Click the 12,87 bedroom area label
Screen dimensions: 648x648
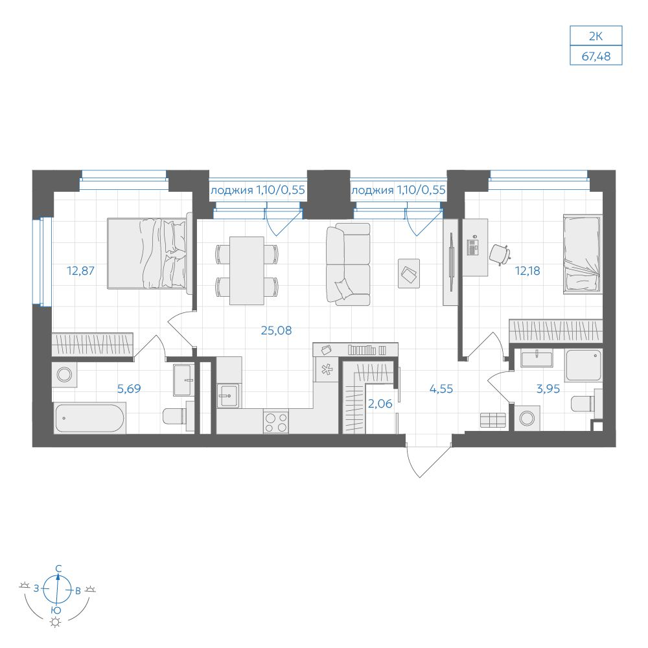pyautogui.click(x=80, y=271)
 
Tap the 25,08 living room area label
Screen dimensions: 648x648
pyautogui.click(x=277, y=330)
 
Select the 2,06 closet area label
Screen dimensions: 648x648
pyautogui.click(x=380, y=403)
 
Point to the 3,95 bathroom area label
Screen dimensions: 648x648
pyautogui.click(x=548, y=388)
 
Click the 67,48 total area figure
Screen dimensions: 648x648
pyautogui.click(x=596, y=56)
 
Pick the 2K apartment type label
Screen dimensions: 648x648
pyautogui.click(x=596, y=36)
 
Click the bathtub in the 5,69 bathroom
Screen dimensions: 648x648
pyautogui.click(x=89, y=419)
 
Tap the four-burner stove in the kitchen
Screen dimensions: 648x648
pyautogui.click(x=276, y=422)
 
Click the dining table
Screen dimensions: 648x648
pyautogui.click(x=247, y=271)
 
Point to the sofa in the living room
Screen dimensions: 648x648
pyautogui.click(x=348, y=264)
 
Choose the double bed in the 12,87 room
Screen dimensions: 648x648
pyautogui.click(x=150, y=253)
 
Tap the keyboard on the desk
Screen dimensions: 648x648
pyautogui.click(x=472, y=248)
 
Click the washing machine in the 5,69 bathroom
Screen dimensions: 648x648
pyautogui.click(x=64, y=375)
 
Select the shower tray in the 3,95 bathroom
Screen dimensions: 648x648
pyautogui.click(x=584, y=365)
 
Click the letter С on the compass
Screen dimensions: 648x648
pyautogui.click(x=59, y=569)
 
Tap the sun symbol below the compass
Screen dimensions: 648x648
pyautogui.click(x=55, y=622)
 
